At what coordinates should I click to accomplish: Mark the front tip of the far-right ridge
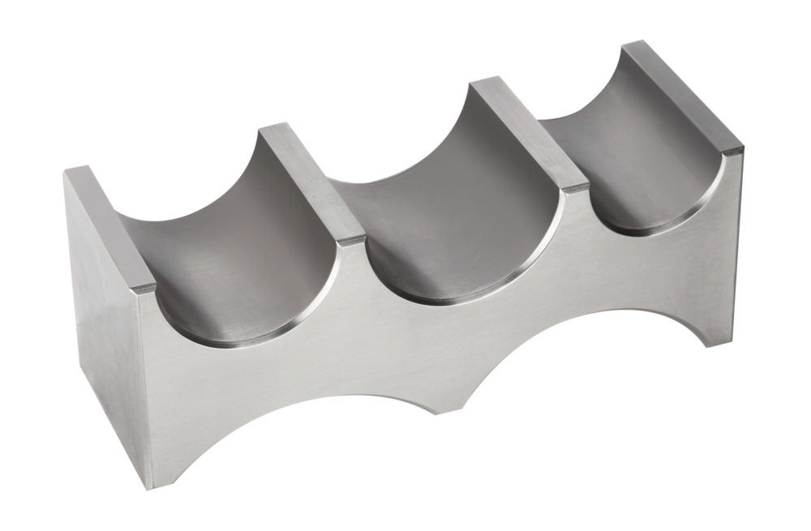pyautogui.click(x=730, y=151)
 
